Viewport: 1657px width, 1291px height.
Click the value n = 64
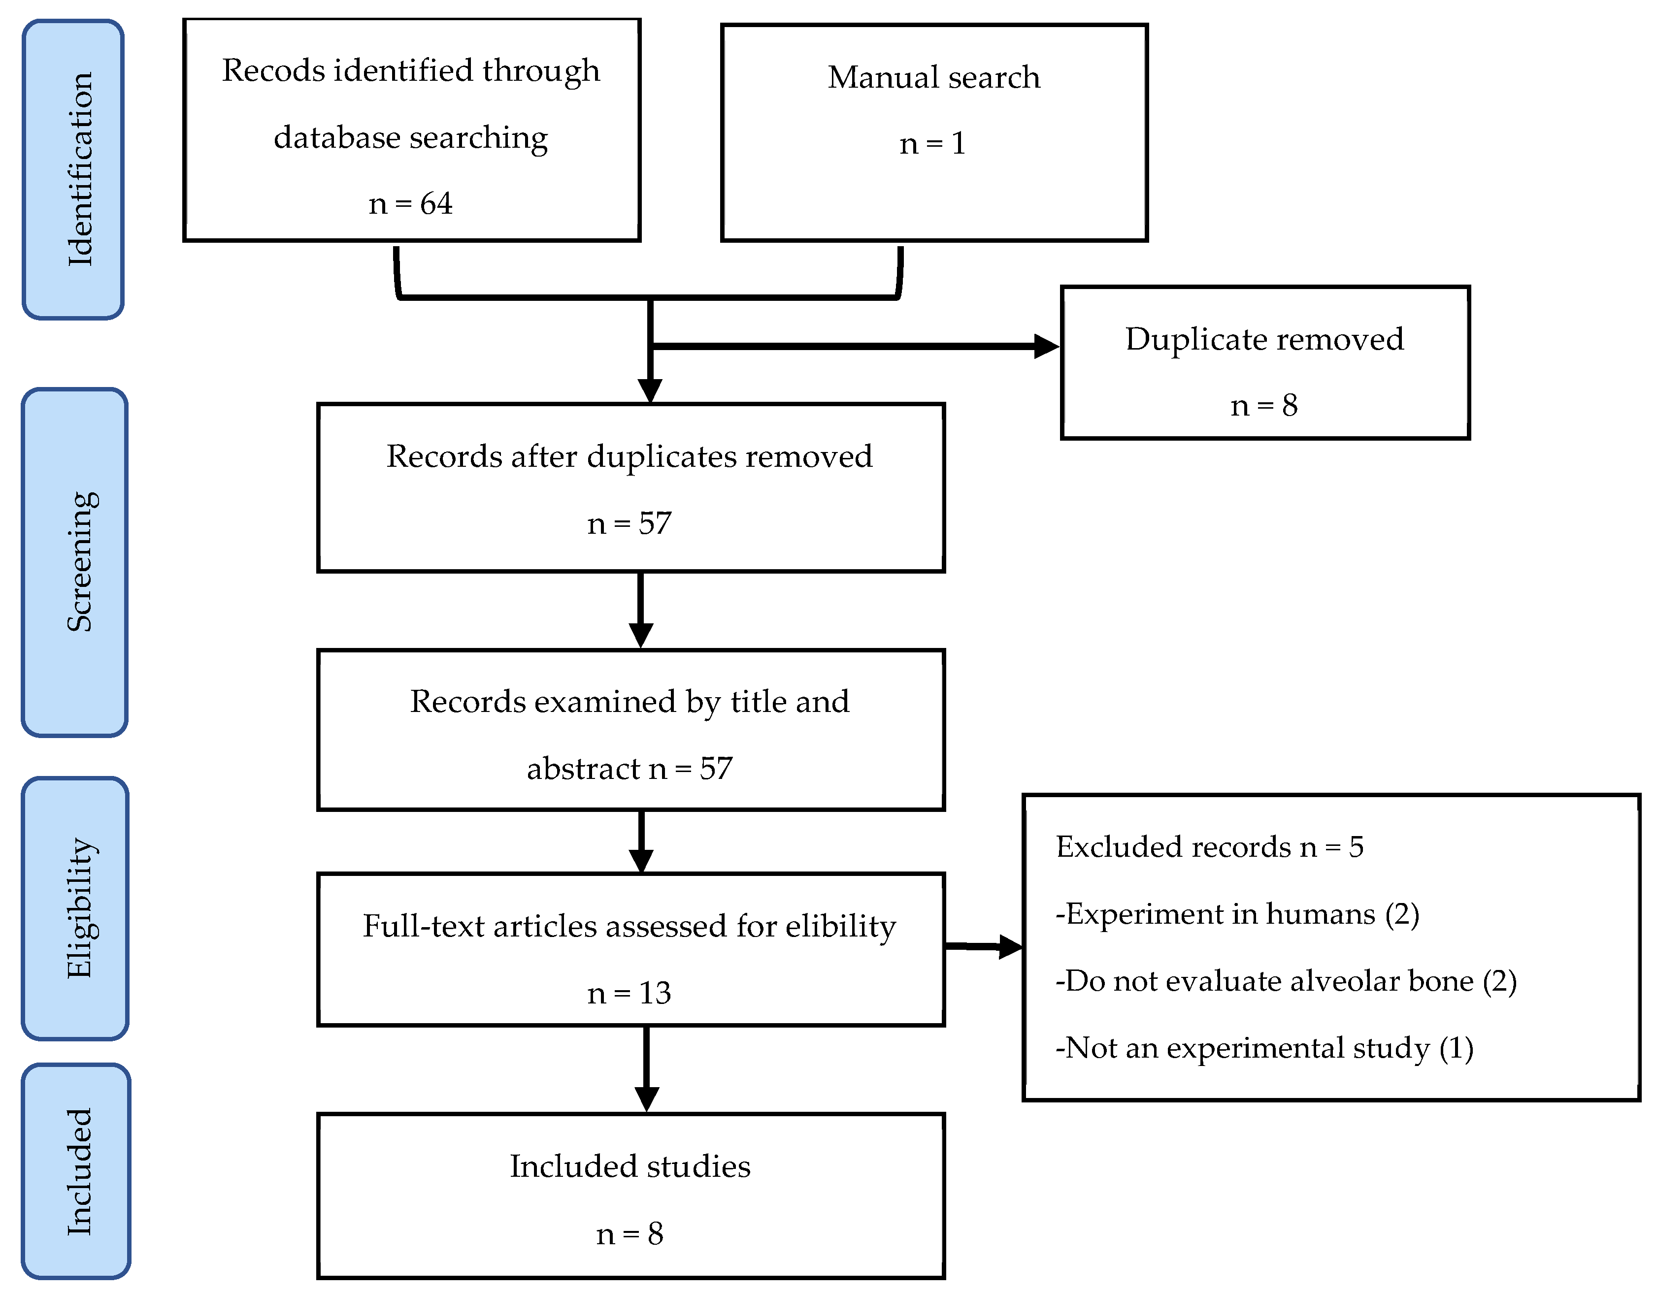[410, 203]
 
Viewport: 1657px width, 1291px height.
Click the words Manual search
[933, 77]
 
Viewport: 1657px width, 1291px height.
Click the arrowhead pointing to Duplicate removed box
[1047, 347]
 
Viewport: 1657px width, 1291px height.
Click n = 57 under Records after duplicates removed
[629, 523]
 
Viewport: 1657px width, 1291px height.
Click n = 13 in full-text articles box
[629, 993]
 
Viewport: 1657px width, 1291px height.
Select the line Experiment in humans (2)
[1237, 914]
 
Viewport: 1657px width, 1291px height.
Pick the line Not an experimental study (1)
[1264, 1047]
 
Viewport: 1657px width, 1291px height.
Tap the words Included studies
[630, 1166]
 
